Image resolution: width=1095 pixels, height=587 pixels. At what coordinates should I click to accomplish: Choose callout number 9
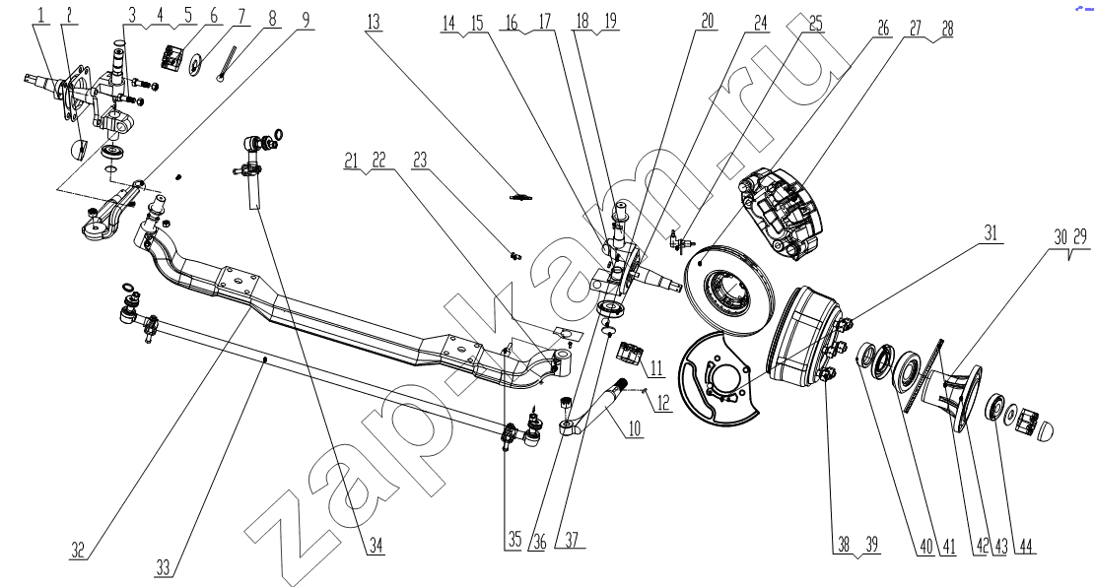pos(304,19)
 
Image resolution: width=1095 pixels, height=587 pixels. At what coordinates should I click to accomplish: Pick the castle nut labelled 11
pos(629,352)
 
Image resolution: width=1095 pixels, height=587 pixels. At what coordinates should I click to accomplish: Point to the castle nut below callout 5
pos(175,57)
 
